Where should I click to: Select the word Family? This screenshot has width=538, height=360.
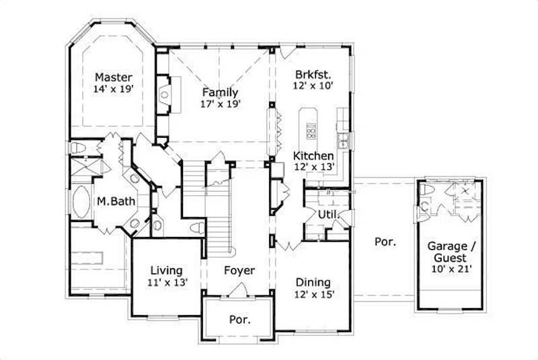click(220, 92)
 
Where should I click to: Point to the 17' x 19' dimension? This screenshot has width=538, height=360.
click(220, 104)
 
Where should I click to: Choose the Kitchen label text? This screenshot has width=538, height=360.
click(313, 155)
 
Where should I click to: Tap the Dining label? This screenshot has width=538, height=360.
click(313, 283)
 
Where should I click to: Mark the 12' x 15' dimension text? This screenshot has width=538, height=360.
click(313, 294)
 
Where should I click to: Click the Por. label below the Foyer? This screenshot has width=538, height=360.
click(240, 320)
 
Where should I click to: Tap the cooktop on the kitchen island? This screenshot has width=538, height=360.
click(311, 128)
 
